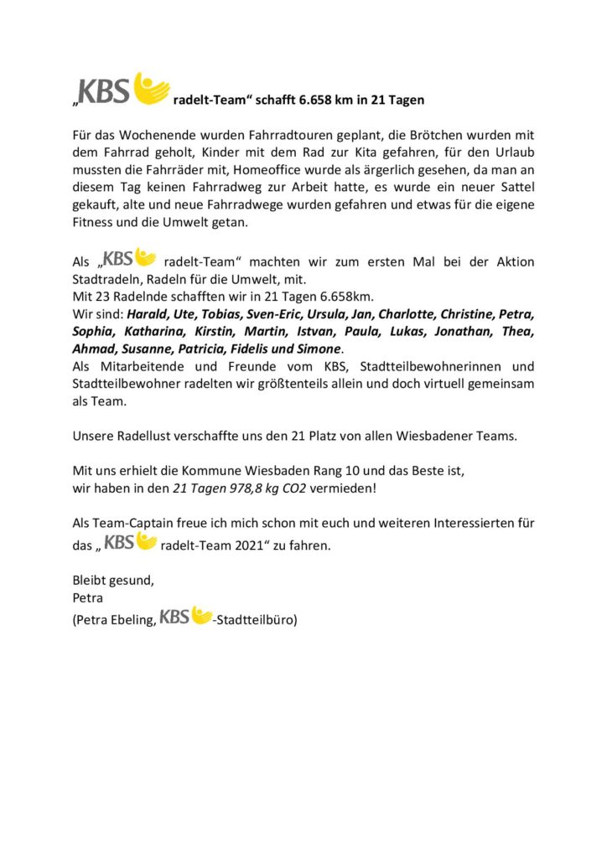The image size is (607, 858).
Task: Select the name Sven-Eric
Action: pos(268,315)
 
